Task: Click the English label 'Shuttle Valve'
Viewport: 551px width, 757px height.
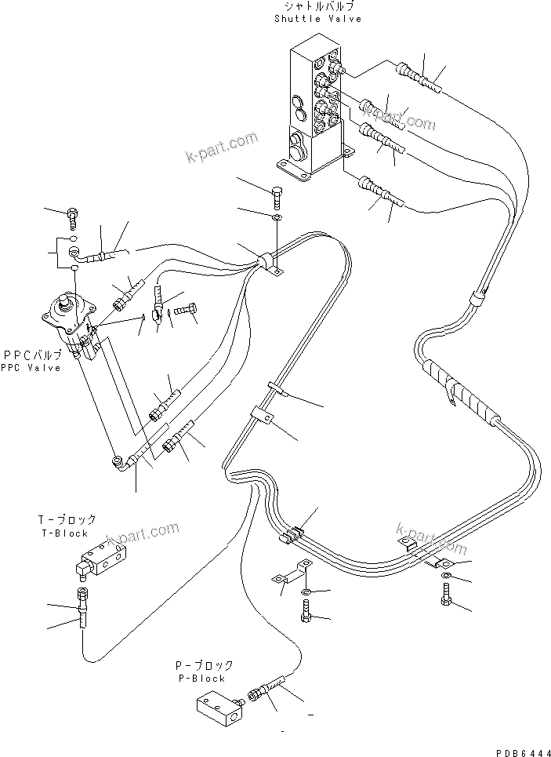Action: click(318, 18)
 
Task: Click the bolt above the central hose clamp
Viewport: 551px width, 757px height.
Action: click(277, 192)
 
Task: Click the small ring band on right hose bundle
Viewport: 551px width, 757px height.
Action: click(475, 299)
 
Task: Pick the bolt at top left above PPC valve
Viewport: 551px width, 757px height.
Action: click(74, 213)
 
